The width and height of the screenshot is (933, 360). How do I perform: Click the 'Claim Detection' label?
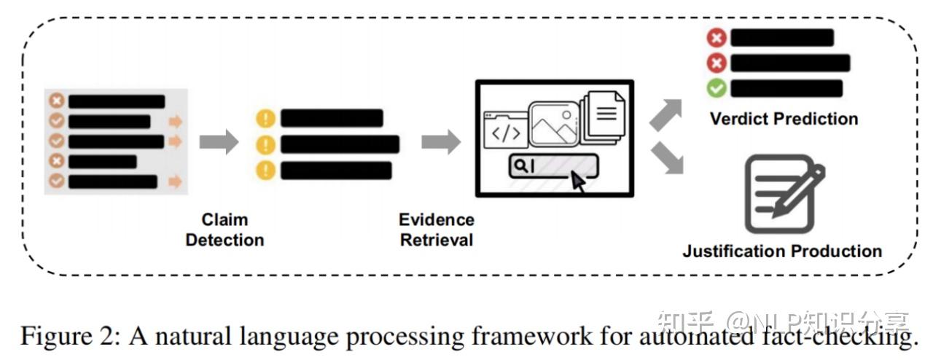225,230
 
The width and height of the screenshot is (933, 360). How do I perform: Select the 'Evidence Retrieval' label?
436,230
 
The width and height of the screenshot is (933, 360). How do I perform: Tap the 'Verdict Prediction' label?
784,119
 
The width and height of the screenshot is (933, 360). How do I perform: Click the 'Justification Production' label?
782,251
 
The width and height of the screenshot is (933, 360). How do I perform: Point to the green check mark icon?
718,88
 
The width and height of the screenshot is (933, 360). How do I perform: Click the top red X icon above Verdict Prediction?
718,38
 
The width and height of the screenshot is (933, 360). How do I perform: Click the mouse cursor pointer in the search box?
578,181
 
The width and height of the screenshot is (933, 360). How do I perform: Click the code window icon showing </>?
505,132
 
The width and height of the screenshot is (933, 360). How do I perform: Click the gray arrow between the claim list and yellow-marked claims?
219,141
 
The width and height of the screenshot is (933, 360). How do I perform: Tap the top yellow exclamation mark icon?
266,118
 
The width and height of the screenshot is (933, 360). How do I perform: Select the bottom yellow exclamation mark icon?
266,171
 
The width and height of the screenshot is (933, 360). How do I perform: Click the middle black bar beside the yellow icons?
340,144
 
